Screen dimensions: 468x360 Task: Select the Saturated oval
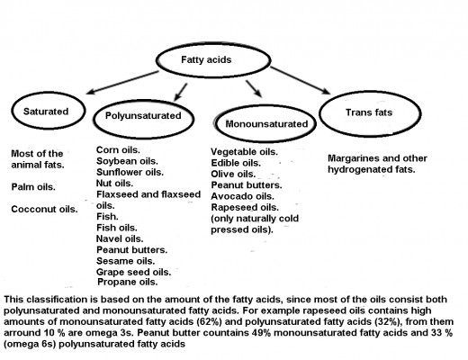[x=49, y=94]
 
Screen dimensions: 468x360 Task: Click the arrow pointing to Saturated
[x=122, y=83]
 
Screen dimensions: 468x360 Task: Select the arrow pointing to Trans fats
[x=301, y=80]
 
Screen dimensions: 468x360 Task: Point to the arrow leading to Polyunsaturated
[x=181, y=92]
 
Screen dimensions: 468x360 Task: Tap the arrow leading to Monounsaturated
[x=254, y=89]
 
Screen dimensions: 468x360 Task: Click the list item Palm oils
[x=33, y=187]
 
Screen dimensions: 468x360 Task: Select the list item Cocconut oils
[x=44, y=209]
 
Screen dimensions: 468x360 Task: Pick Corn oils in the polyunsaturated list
[x=118, y=149]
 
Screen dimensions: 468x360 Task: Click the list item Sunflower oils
[x=130, y=172]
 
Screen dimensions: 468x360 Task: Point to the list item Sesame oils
[x=126, y=261]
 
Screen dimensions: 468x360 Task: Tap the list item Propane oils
[x=128, y=282]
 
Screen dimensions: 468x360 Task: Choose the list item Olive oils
[x=233, y=174]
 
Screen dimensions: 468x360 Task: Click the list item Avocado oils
[x=243, y=196]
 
